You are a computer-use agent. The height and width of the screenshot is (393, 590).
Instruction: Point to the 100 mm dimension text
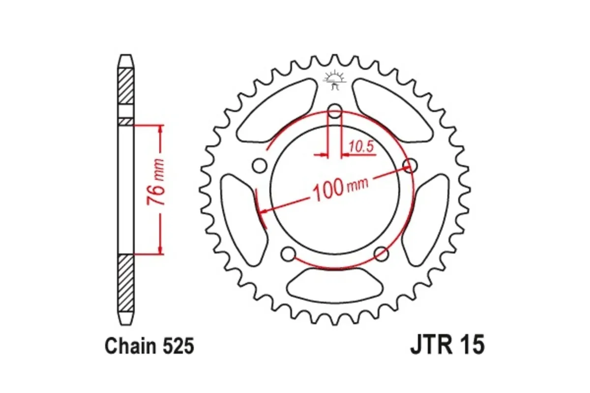[x=339, y=189]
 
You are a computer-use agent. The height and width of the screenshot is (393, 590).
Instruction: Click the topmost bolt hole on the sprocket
[x=335, y=112]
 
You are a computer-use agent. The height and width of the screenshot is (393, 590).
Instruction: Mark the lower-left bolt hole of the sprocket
[x=289, y=254]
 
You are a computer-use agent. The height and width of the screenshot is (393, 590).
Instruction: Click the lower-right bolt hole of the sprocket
[x=381, y=254]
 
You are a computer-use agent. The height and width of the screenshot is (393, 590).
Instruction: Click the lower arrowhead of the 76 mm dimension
[x=160, y=251]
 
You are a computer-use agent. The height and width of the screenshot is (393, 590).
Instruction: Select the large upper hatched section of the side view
[x=126, y=86]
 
